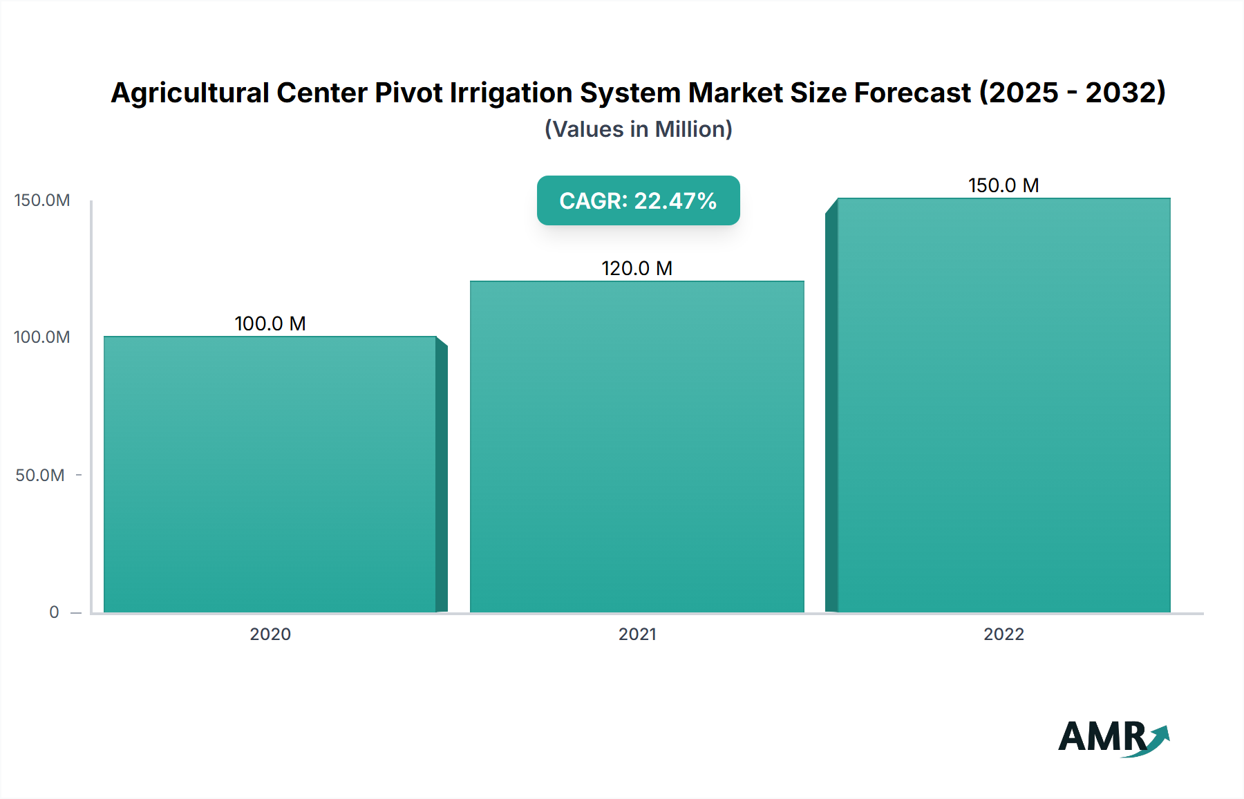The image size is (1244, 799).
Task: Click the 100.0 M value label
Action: [x=270, y=323]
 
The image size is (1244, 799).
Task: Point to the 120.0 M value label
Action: [x=637, y=268]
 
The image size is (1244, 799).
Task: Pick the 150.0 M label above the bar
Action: [x=1003, y=185]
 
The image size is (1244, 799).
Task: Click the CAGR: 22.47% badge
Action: [x=638, y=200]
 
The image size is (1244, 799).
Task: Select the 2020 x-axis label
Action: [x=270, y=634]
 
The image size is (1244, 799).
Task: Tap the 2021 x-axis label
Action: [x=637, y=634]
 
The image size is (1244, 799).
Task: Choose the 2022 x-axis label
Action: [x=1003, y=634]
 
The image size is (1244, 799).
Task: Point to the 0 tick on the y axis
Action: [x=54, y=612]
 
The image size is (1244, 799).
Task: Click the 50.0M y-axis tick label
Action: [x=40, y=475]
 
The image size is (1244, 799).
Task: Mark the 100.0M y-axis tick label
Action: [x=41, y=337]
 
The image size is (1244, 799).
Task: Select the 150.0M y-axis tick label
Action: [x=41, y=200]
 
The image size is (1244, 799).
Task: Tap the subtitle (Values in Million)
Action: [x=638, y=129]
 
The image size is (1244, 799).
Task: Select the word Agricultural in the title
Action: [x=189, y=93]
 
